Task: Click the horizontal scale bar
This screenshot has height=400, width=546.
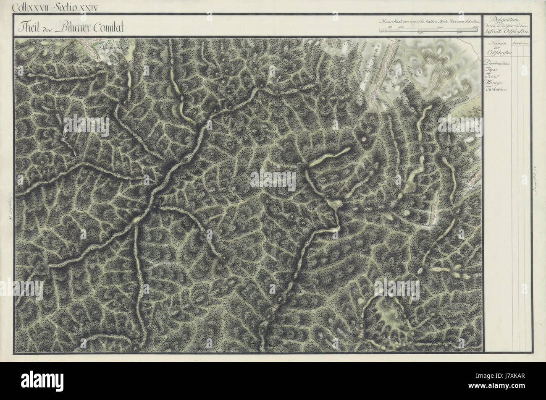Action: [x=428, y=30]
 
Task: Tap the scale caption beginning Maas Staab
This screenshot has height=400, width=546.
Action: [x=428, y=21]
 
